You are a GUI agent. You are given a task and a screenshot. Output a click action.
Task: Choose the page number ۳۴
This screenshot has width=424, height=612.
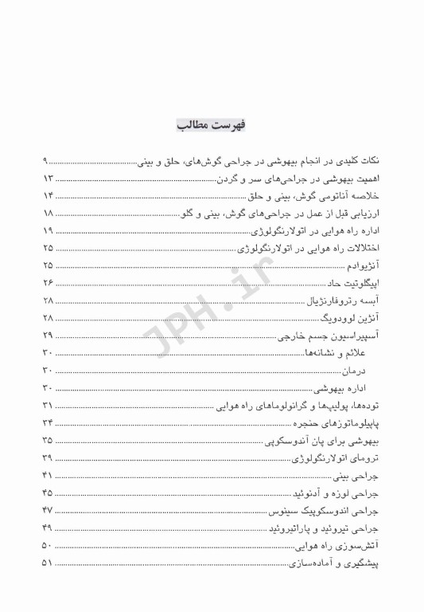coord(47,422)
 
